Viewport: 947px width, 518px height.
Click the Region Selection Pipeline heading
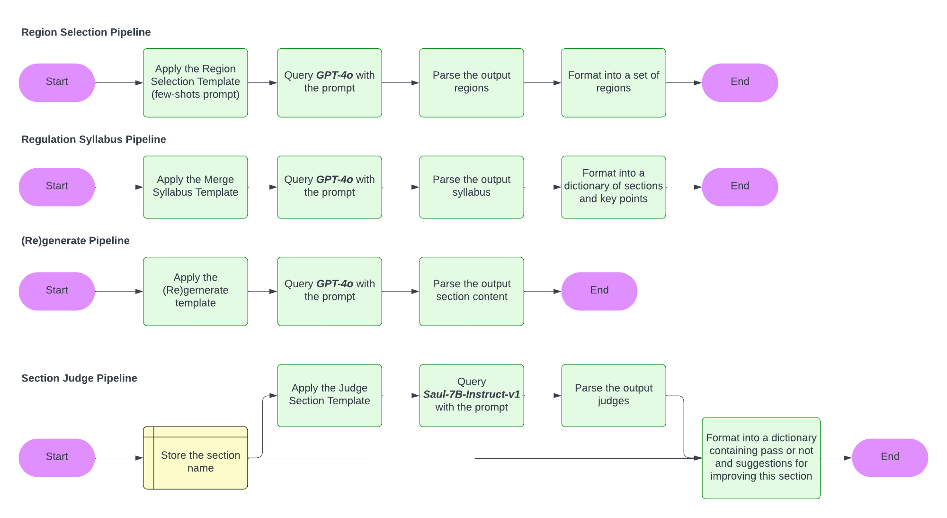point(86,32)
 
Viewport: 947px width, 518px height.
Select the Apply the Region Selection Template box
point(195,82)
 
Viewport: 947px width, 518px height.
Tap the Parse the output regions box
point(471,82)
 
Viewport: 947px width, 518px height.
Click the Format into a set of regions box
point(613,82)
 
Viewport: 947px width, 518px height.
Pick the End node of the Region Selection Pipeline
point(740,82)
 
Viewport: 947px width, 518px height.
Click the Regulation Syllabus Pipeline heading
point(93,139)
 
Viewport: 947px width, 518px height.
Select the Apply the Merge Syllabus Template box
point(195,186)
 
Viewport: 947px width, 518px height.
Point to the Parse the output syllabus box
point(471,186)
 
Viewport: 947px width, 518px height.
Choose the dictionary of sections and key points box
point(613,186)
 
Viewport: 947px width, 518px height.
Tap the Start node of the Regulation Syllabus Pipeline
point(57,186)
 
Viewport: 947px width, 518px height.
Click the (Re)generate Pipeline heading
point(75,241)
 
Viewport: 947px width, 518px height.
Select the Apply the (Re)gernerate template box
point(195,291)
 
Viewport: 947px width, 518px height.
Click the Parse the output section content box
point(471,291)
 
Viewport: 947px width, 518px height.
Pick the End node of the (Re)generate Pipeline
point(599,291)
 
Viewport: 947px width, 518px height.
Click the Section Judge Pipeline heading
point(79,378)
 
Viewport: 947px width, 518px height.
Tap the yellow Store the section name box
point(195,458)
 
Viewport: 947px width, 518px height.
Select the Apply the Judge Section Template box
point(329,395)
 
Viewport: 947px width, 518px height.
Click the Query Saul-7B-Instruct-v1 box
point(471,395)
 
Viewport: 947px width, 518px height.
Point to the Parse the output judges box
point(613,395)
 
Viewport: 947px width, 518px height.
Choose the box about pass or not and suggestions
point(760,457)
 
